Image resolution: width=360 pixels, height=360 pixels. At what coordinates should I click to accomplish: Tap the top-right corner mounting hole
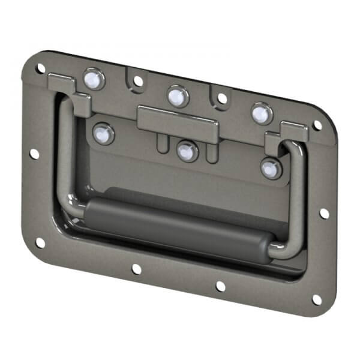(x=317, y=125)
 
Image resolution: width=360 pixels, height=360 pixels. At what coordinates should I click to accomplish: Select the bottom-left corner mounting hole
(x=40, y=242)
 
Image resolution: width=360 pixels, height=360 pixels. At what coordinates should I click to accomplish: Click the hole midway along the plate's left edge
(x=34, y=154)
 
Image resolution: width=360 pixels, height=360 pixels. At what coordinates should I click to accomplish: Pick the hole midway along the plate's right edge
(x=324, y=213)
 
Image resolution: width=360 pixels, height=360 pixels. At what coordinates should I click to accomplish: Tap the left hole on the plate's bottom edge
(x=137, y=269)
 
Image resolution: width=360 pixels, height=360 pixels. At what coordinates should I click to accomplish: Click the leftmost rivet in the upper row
(x=92, y=79)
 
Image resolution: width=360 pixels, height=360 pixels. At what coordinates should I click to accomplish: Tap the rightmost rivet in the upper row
(x=261, y=112)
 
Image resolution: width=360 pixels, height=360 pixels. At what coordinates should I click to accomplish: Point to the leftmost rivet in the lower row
(x=103, y=133)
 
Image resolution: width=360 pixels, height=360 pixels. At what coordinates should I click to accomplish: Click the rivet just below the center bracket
(x=187, y=151)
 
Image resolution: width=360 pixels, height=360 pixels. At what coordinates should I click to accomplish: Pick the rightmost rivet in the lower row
(x=271, y=168)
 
